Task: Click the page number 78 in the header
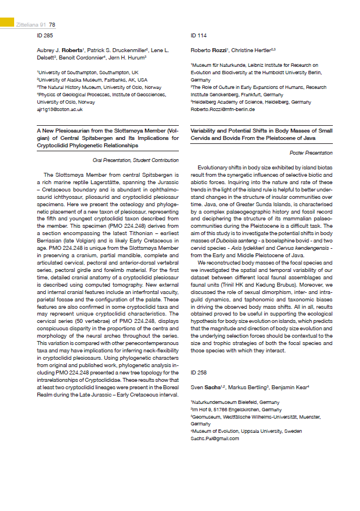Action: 52,24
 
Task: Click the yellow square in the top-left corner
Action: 7,22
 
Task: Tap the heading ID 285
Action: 44,35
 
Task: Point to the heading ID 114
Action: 199,35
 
